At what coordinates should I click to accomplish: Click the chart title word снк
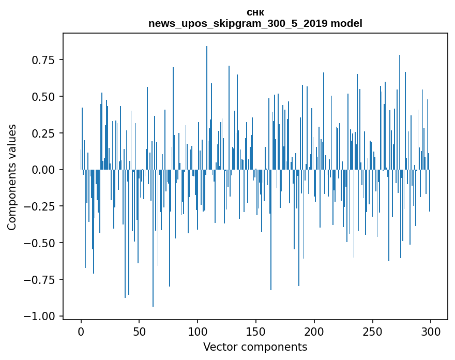(x=255, y=12)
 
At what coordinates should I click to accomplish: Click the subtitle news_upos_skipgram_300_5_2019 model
(x=255, y=23)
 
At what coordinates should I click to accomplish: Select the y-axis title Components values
(x=12, y=177)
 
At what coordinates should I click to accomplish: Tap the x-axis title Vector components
(x=255, y=347)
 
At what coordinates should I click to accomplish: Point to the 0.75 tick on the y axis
(x=42, y=60)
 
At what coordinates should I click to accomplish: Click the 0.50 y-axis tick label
(x=42, y=97)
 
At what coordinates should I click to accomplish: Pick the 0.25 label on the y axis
(x=42, y=133)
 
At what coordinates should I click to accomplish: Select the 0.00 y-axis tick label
(x=42, y=170)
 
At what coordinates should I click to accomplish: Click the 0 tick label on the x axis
(x=81, y=333)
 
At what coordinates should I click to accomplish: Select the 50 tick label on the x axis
(x=139, y=333)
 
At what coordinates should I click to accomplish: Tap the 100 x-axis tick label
(x=198, y=333)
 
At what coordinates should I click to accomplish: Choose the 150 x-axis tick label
(x=256, y=333)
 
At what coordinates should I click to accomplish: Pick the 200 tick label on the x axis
(x=314, y=333)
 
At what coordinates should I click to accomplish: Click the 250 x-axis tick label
(x=372, y=333)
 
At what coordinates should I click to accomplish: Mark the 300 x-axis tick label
(x=431, y=333)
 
